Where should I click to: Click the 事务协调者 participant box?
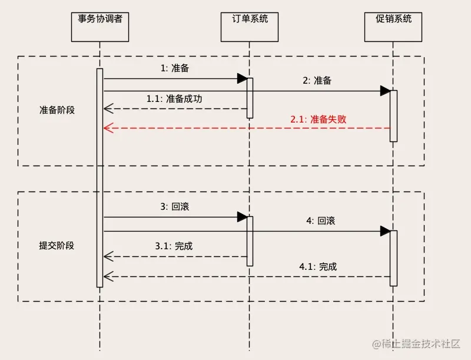coord(100,27)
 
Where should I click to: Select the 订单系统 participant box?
coord(250,27)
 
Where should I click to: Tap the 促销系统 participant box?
coord(394,27)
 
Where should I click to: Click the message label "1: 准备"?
coord(175,68)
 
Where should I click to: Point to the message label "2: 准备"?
coord(317,81)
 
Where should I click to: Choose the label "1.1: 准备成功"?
coord(174,99)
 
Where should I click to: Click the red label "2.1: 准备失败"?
coord(318,118)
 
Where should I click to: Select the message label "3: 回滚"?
coord(175,207)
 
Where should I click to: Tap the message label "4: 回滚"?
coord(320,221)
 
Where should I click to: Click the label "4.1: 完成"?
coord(318,266)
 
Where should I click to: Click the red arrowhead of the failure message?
coord(107,128)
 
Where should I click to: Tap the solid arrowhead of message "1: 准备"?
coord(242,78)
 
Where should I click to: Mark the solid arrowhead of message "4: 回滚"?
coord(385,231)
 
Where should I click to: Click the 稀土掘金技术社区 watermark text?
coord(419,343)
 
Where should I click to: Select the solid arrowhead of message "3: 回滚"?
coord(242,217)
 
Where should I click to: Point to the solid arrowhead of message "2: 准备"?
coord(385,91)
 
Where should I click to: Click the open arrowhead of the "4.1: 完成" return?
coord(107,276)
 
